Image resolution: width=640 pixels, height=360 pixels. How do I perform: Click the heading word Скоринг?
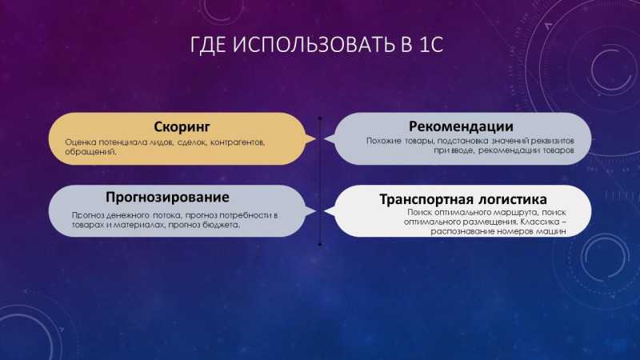tap(182, 127)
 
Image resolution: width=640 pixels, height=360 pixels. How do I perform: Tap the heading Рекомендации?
tap(462, 126)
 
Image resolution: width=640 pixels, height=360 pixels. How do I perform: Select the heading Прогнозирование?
tap(167, 198)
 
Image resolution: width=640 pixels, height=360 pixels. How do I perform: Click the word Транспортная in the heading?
tap(426, 199)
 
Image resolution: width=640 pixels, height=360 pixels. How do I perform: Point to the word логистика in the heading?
tap(513, 199)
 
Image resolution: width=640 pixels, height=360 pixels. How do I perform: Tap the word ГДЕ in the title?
tap(208, 46)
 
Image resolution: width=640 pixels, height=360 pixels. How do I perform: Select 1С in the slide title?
tap(431, 45)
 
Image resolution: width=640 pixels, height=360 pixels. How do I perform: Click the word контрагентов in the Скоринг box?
tap(238, 142)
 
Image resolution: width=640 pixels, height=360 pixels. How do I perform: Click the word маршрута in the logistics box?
tap(514, 213)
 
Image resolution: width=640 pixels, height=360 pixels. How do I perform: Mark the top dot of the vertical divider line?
tap(320, 118)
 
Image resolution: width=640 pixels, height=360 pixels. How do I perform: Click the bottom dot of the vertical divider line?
tap(320, 245)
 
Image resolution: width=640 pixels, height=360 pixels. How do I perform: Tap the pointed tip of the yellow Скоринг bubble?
tap(315, 139)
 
